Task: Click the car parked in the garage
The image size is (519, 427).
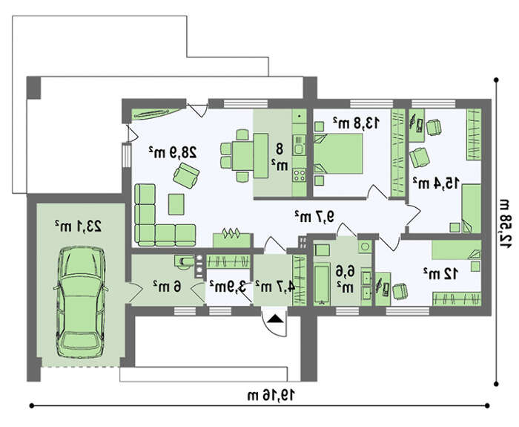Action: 81,301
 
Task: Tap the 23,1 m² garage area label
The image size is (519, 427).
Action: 79,226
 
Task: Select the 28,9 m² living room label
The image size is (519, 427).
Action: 173,151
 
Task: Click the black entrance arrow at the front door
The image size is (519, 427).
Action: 275,319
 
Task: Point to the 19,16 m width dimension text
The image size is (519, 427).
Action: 271,395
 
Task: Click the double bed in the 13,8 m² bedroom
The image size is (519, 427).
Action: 338,154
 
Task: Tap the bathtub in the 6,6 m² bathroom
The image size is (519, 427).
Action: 322,284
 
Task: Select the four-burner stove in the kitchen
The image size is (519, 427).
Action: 300,175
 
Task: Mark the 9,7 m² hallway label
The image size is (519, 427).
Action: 315,217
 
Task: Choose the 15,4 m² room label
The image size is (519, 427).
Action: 436,183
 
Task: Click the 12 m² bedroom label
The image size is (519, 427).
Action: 440,274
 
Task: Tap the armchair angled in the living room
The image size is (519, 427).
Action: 186,175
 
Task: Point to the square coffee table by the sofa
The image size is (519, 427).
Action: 176,204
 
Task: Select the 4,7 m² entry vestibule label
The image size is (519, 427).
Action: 275,287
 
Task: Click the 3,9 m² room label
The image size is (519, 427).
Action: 228,287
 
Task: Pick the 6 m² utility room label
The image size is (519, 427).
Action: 168,286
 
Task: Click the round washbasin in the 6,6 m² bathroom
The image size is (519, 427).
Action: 366,247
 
